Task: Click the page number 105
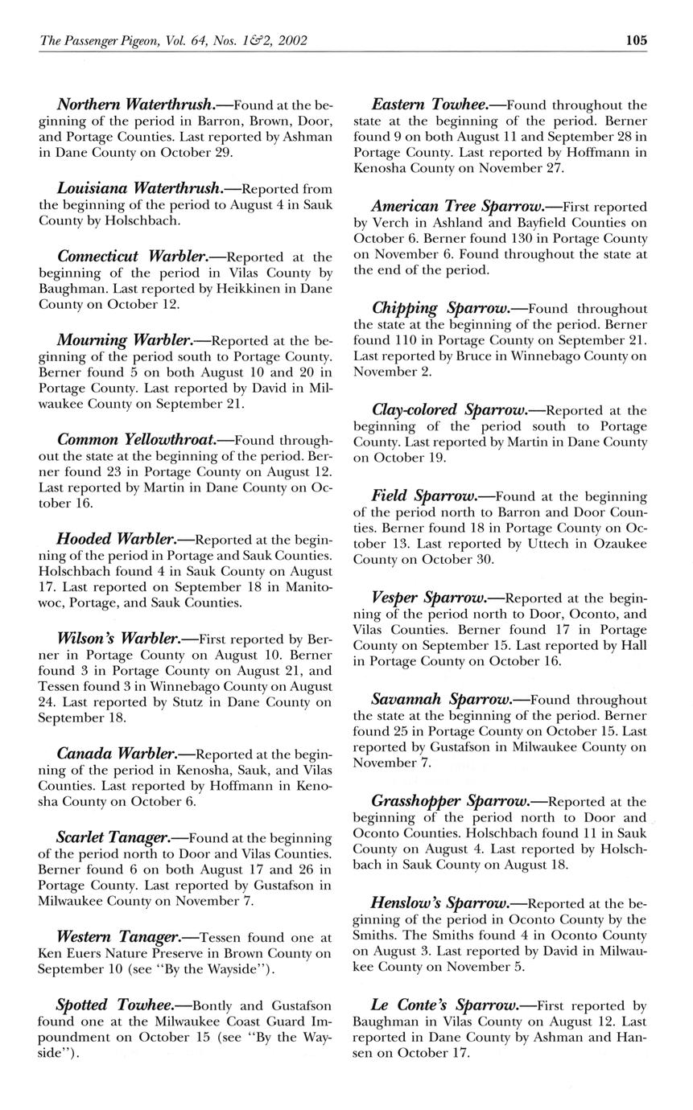636,40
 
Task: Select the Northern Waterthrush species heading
134,105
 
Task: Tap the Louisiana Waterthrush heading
139,188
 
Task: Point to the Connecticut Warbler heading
132,257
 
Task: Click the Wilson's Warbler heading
118,639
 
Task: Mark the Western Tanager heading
119,937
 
